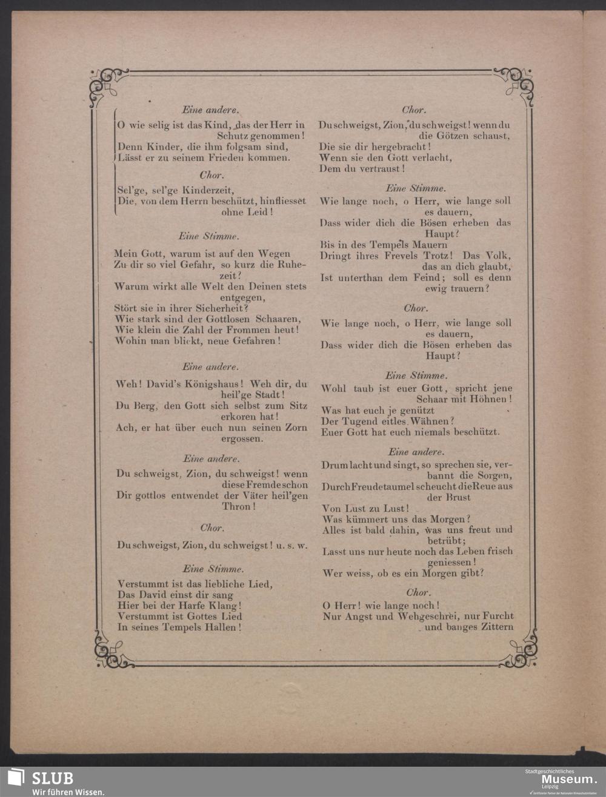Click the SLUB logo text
click(x=52, y=778)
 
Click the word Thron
click(x=236, y=506)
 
